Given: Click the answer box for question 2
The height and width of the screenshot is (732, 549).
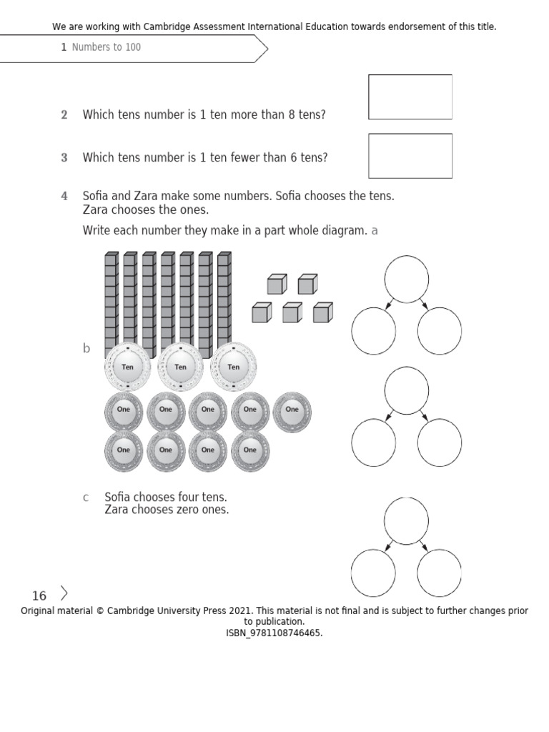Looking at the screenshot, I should tap(410, 97).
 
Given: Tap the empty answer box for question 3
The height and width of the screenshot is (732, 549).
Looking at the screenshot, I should tap(410, 155).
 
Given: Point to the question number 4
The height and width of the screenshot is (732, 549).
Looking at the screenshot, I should tap(64, 196).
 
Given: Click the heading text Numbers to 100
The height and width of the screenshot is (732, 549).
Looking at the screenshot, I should tap(107, 47).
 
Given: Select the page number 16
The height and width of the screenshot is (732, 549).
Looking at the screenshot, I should tap(39, 596).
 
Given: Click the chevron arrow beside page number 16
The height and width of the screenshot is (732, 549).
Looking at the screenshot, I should tap(64, 593).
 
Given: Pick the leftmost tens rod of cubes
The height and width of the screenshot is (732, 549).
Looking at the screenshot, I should tap(112, 300).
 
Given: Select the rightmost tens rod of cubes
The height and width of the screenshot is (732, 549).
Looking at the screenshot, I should tap(224, 300).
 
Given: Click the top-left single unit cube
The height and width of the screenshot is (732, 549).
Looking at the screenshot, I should tap(277, 285).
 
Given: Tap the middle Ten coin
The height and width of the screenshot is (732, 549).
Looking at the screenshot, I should tap(181, 367).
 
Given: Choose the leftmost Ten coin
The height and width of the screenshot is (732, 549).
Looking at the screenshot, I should tap(128, 367).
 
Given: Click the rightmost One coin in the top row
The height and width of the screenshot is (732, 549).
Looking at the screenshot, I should tap(292, 410).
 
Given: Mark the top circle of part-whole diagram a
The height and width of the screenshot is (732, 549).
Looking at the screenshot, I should tap(407, 279).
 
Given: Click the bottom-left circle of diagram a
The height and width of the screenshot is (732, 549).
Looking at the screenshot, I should tap(373, 331).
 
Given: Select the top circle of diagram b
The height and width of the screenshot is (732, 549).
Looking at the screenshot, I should tap(407, 390).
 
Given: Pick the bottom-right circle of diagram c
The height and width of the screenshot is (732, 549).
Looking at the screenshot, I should tap(440, 573).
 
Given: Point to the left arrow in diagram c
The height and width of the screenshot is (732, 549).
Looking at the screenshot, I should tap(389, 546).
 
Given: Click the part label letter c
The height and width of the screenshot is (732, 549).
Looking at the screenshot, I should tap(86, 497).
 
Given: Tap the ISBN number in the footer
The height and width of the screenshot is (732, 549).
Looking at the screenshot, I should tap(274, 633).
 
